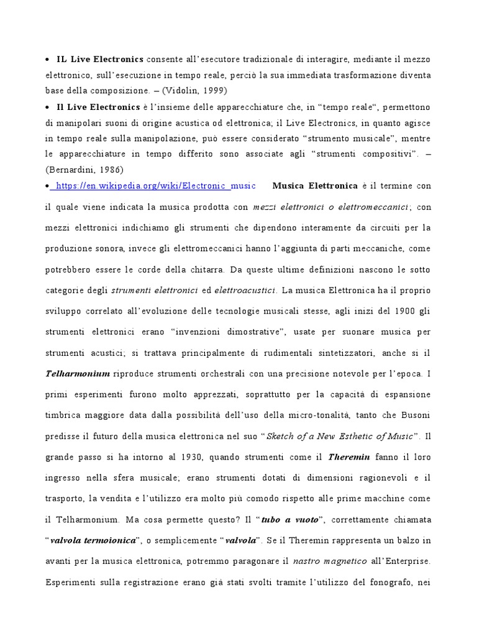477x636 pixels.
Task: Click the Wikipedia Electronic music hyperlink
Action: (x=150, y=186)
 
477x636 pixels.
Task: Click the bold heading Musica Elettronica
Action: (x=315, y=186)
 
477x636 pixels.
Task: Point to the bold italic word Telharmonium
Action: (x=78, y=374)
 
